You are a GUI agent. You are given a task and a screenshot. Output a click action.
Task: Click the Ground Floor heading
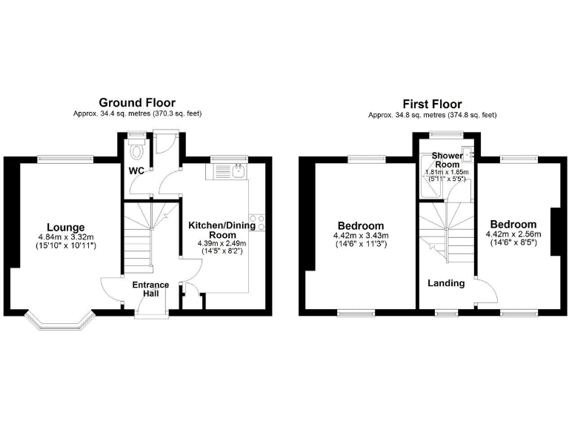(137, 102)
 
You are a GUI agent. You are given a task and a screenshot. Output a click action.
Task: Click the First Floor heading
(432, 104)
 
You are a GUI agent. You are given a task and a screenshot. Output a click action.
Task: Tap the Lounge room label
(66, 227)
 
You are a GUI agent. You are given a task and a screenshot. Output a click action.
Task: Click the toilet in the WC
(135, 152)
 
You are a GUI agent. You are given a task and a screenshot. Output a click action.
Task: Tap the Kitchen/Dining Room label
(222, 231)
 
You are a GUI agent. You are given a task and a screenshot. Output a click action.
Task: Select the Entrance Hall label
(150, 290)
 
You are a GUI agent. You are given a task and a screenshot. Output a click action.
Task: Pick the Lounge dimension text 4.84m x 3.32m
(66, 237)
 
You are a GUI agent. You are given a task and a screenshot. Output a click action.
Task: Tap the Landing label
(446, 283)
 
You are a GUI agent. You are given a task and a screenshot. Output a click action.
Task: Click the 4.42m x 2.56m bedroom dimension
(513, 234)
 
